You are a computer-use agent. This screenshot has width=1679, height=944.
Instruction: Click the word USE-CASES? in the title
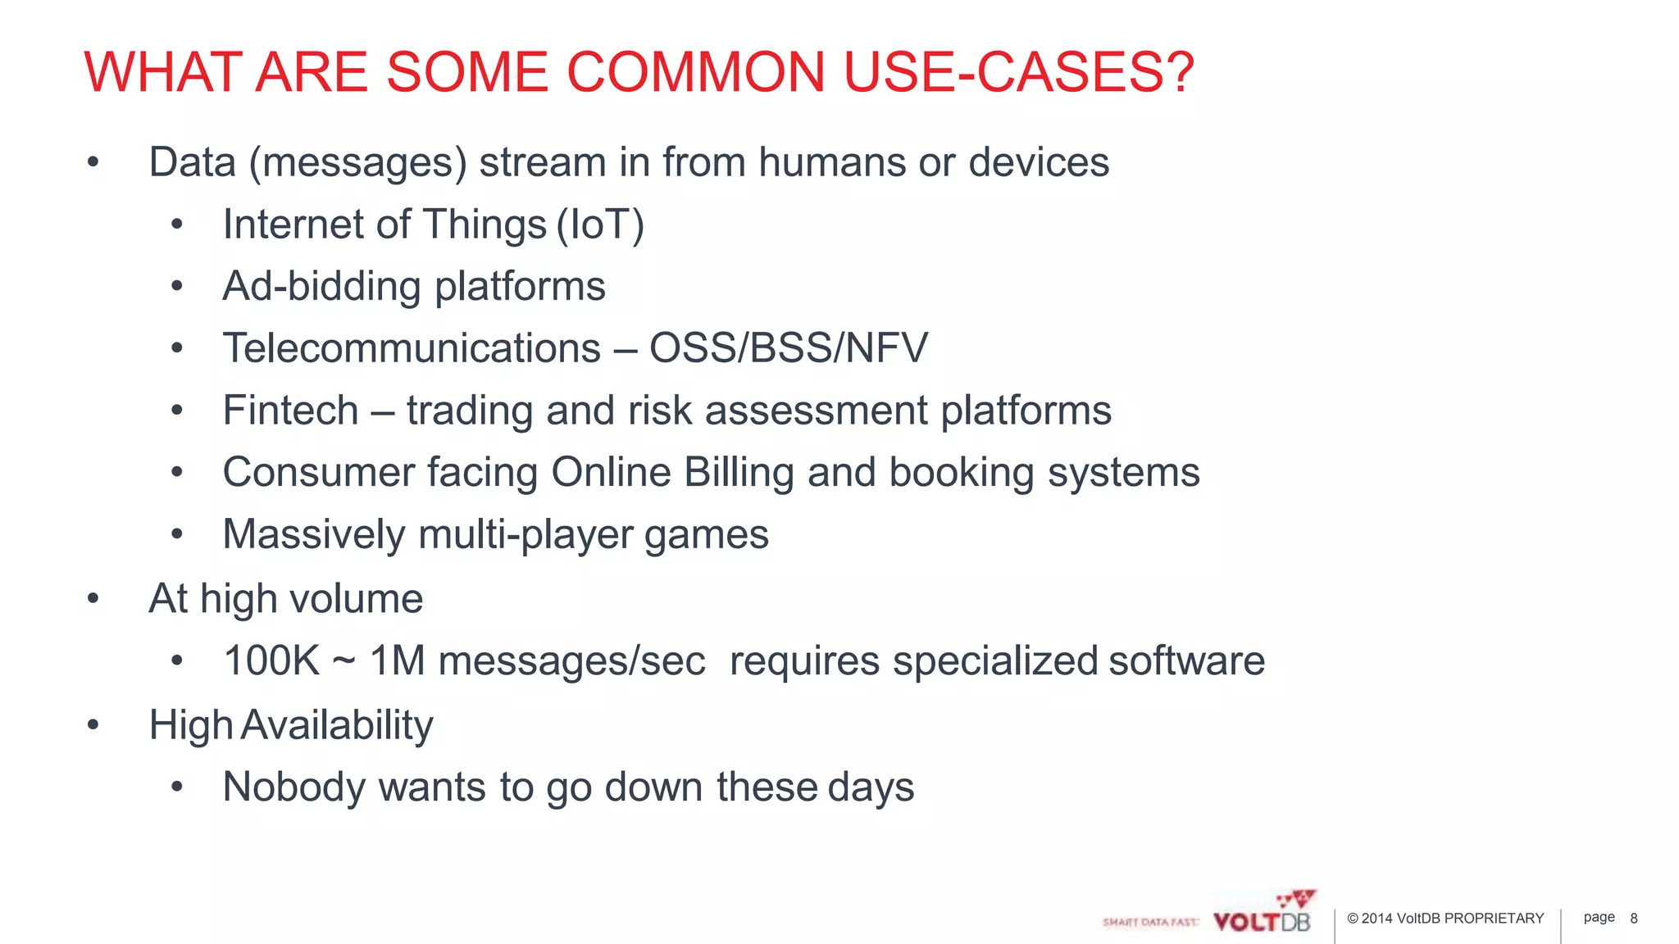coord(1018,72)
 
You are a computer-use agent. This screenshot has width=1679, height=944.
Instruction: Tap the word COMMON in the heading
coord(694,72)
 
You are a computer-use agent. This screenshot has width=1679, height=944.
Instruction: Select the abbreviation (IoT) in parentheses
coord(600,225)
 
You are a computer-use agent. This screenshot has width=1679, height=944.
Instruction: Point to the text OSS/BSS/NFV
coord(788,348)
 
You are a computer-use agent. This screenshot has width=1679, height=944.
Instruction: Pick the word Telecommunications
coord(412,348)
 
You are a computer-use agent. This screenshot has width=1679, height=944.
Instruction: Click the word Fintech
coord(290,411)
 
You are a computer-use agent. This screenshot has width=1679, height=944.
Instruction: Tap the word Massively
coord(314,535)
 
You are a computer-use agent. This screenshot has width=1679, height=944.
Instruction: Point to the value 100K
coord(271,660)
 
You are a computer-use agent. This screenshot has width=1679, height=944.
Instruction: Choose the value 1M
coord(397,660)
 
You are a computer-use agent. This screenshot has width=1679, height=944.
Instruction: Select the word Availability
coord(337,725)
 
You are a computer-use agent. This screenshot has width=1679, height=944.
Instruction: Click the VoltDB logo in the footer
coord(1263,914)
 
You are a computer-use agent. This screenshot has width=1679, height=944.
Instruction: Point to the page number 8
coord(1633,919)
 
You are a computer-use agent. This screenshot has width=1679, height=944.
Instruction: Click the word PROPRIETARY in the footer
coord(1494,919)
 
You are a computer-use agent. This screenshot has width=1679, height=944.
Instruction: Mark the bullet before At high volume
coord(93,599)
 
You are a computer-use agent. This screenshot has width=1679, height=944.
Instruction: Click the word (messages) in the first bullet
coord(357,163)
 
